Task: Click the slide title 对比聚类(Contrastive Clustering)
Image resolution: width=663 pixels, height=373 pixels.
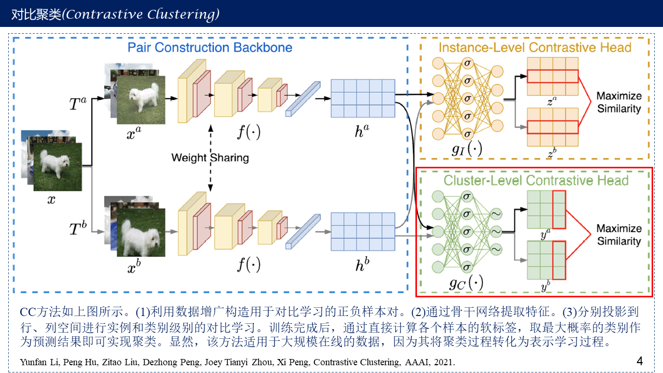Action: click(x=116, y=15)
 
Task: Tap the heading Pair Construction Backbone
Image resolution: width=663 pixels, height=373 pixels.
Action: click(x=210, y=48)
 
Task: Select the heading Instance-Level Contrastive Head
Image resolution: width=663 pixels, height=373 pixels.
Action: click(x=535, y=48)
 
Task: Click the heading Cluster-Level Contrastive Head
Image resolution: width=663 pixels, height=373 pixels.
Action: click(x=536, y=180)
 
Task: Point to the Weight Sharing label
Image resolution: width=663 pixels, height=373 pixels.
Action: click(x=210, y=157)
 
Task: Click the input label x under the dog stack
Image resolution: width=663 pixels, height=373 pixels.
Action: click(x=51, y=199)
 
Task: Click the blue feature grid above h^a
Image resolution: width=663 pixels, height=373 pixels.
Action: click(x=363, y=98)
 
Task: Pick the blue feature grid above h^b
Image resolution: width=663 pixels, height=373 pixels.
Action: click(x=363, y=231)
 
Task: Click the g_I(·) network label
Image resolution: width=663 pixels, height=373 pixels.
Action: click(x=467, y=150)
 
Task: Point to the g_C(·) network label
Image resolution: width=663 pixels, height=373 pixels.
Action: click(x=466, y=283)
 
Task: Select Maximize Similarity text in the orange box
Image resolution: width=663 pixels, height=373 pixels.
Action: click(x=619, y=102)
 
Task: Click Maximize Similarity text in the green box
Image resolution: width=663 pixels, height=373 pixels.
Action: click(x=619, y=235)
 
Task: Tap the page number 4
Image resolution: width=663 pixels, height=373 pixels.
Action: click(x=640, y=361)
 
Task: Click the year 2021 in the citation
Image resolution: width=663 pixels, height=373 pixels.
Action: click(x=445, y=363)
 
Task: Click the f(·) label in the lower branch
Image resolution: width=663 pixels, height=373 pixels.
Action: click(x=249, y=266)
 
